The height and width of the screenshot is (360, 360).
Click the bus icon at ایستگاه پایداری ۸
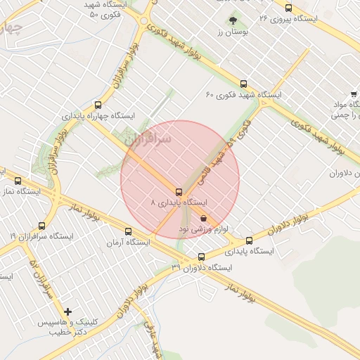click(x=179, y=192)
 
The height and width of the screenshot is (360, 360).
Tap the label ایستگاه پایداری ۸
click(x=180, y=202)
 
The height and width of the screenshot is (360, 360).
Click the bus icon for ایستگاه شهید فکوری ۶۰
click(x=244, y=83)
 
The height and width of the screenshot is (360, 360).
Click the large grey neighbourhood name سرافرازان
click(x=148, y=140)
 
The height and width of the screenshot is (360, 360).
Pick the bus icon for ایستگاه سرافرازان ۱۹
click(x=42, y=226)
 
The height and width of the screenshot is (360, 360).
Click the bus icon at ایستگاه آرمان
click(x=128, y=231)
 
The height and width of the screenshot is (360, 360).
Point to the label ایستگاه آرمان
click(x=128, y=243)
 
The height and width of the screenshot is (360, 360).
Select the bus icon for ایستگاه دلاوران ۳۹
click(x=202, y=257)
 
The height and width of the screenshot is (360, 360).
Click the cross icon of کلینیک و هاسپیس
click(x=67, y=311)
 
